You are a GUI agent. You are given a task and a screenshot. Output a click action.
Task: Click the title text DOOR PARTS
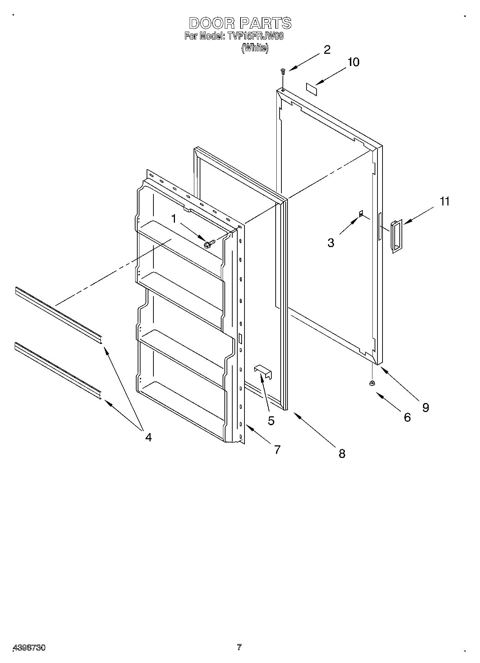click(x=240, y=23)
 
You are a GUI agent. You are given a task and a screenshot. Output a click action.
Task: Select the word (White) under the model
click(x=255, y=48)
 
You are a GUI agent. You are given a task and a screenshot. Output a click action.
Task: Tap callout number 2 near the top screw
click(x=327, y=50)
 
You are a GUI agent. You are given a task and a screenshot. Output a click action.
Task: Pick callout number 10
click(x=353, y=62)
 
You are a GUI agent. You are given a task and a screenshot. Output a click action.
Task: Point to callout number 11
click(x=445, y=202)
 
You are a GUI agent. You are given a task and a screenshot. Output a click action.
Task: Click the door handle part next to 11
click(x=396, y=237)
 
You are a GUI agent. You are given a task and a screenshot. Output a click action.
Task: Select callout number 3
click(x=331, y=243)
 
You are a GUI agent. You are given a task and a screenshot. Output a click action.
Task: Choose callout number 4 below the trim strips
click(x=148, y=437)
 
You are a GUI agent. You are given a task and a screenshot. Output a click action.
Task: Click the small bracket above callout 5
click(x=263, y=372)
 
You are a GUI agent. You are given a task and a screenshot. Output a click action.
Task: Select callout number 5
click(x=271, y=420)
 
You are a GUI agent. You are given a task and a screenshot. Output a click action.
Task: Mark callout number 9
click(x=426, y=407)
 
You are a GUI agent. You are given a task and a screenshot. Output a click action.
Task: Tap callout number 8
click(x=342, y=454)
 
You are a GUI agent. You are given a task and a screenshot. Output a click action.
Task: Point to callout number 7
click(x=277, y=450)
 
